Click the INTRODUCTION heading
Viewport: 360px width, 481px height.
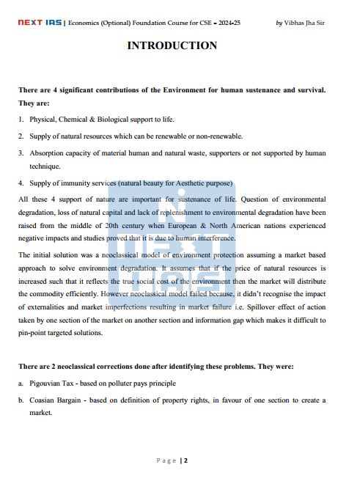click(172, 45)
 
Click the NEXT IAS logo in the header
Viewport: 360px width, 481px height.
click(41, 23)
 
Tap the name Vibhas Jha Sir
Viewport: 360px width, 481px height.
click(304, 23)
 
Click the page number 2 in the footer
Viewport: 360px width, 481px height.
click(186, 460)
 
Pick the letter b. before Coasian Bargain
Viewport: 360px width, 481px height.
click(21, 400)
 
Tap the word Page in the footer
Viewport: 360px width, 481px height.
click(166, 460)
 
